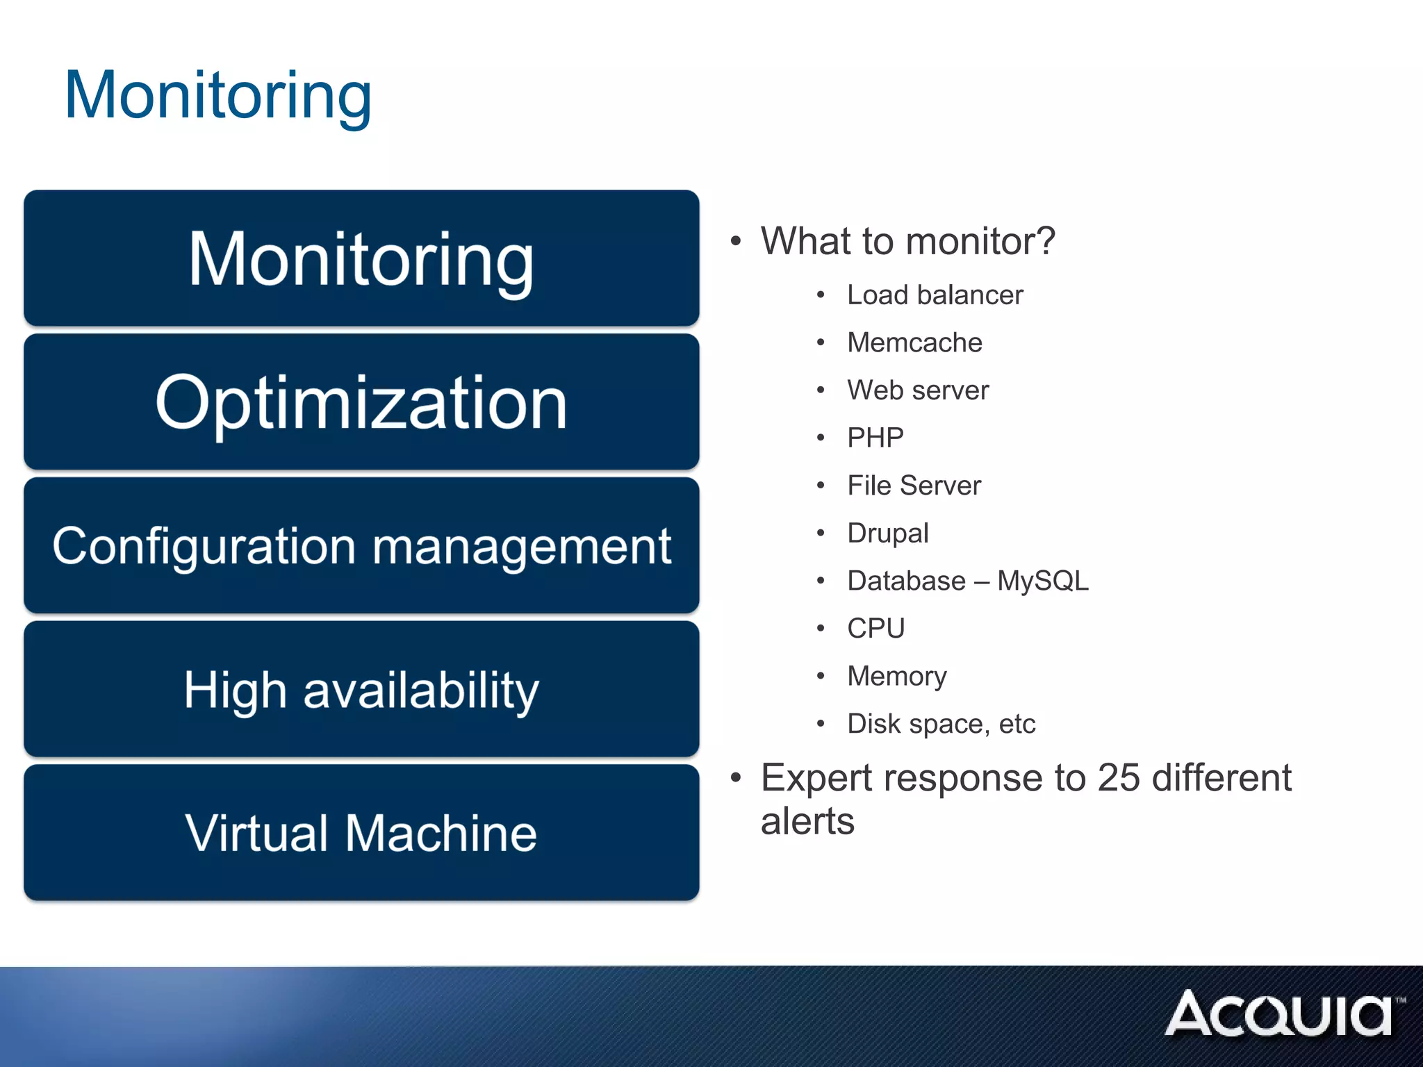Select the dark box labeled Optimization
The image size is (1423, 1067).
[x=361, y=402]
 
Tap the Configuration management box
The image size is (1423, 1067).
[x=361, y=546]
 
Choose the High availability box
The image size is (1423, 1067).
[x=361, y=690]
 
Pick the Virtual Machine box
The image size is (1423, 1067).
[x=361, y=833]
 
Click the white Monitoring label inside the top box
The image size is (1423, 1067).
[x=361, y=260]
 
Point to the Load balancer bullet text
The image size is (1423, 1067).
[x=935, y=295]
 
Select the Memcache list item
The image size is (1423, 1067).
[x=914, y=342]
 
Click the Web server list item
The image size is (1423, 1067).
[x=918, y=390]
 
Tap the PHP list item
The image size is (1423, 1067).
[x=875, y=438]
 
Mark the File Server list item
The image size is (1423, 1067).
[x=914, y=486]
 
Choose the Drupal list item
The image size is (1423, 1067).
[x=887, y=533]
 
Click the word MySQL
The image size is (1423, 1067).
[x=1042, y=581]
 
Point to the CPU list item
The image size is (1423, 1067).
[x=875, y=629]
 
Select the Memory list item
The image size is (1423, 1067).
[x=896, y=677]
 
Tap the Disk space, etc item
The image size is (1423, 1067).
[x=941, y=724]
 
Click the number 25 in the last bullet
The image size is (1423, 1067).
[x=1119, y=777]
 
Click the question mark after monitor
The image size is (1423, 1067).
[x=1044, y=242]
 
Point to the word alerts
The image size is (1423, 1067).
[x=807, y=822]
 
